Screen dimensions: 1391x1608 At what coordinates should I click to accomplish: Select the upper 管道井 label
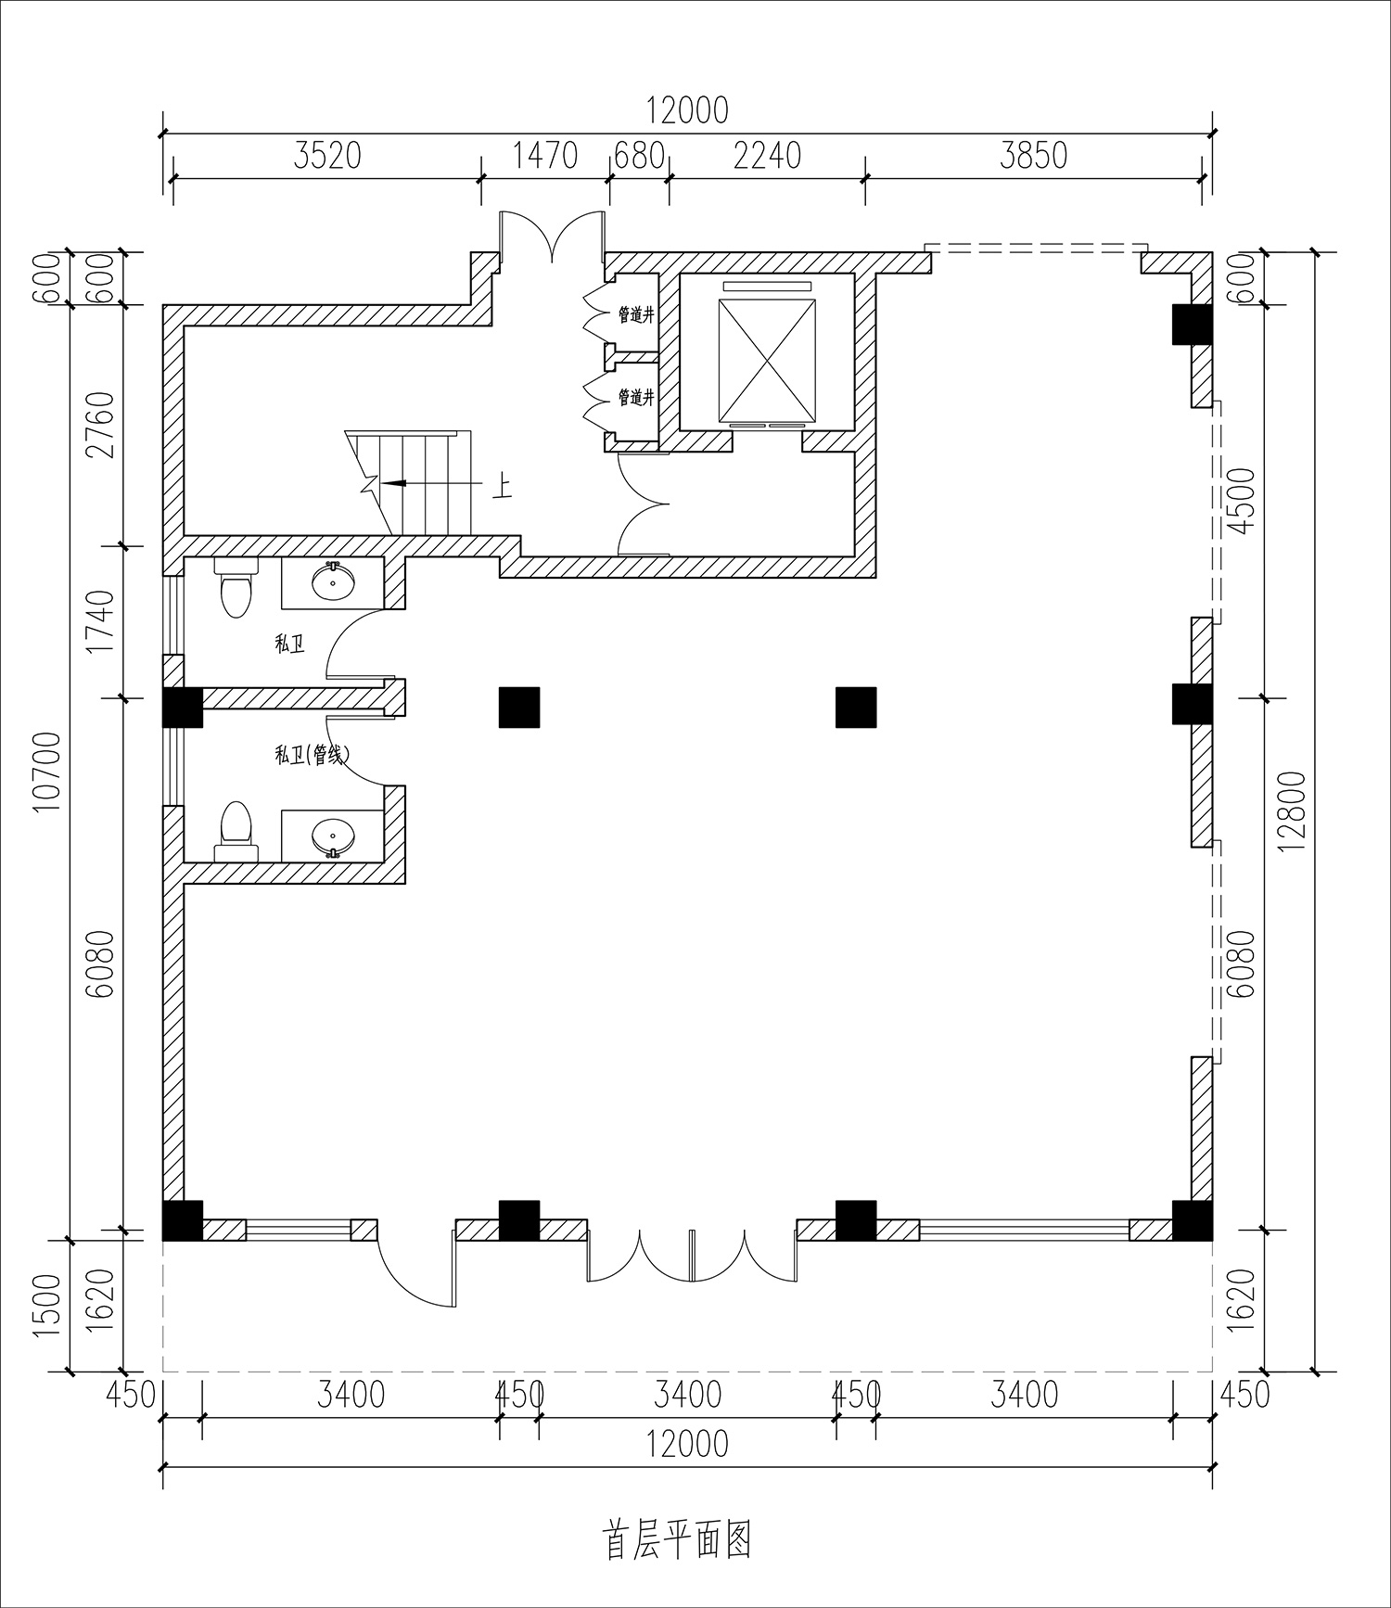[x=636, y=315]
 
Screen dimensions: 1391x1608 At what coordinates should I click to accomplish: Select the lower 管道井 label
[x=636, y=397]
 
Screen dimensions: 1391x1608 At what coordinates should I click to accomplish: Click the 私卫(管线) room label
[x=312, y=756]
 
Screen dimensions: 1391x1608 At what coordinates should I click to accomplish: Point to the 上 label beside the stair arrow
[x=501, y=486]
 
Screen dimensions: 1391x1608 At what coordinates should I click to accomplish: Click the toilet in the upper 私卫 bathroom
[x=236, y=588]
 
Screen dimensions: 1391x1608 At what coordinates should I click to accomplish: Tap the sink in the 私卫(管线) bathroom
[x=332, y=836]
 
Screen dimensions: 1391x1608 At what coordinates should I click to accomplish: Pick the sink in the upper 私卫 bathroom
[x=333, y=582]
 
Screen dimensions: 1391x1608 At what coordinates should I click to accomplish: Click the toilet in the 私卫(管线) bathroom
[x=236, y=832]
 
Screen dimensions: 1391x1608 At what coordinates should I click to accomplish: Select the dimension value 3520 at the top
[x=326, y=155]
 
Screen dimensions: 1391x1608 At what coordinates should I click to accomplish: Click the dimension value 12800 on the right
[x=1295, y=810]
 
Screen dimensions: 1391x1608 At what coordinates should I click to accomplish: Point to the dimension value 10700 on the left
[x=48, y=772]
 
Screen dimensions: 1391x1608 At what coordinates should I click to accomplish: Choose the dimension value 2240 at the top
[x=767, y=155]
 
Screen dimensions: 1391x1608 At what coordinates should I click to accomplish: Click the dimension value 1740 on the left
[x=101, y=621]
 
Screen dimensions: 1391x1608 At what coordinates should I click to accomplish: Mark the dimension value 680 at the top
[x=640, y=155]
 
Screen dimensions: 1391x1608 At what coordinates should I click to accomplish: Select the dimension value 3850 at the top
[x=1034, y=155]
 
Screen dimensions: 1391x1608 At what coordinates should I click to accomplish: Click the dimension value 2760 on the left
[x=101, y=425]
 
